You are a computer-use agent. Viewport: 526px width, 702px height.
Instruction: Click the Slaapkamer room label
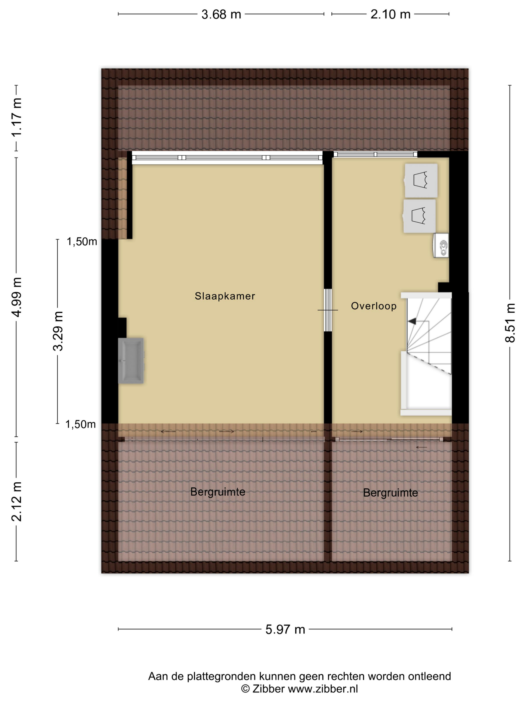coord(225,296)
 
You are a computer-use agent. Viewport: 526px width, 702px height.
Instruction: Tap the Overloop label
coord(374,306)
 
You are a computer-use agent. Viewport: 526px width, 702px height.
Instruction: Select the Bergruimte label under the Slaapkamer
coord(218,492)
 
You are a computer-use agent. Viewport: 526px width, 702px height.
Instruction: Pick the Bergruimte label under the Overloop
coord(390,493)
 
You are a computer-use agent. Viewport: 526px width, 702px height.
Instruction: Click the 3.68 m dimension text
coord(221,15)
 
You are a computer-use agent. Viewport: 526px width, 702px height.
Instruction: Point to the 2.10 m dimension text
coord(390,15)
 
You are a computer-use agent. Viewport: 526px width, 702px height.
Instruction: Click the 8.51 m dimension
coord(510,323)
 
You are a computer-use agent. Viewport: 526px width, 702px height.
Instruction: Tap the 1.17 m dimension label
coord(17,117)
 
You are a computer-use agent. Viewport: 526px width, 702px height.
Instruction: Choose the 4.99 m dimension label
coord(17,297)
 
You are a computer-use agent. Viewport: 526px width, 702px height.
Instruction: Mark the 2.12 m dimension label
coord(17,501)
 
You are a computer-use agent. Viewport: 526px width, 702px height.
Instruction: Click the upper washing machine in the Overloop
coord(421,180)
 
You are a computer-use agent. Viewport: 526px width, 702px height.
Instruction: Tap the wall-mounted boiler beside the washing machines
coord(441,245)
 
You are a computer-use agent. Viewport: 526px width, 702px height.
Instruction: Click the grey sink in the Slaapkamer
coord(131,361)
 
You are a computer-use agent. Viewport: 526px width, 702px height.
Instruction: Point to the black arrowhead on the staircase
coord(412,321)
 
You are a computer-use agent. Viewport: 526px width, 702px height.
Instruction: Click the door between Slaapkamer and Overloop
coord(328,310)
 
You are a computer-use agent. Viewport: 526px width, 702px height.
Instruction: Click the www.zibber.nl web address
coord(323,689)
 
